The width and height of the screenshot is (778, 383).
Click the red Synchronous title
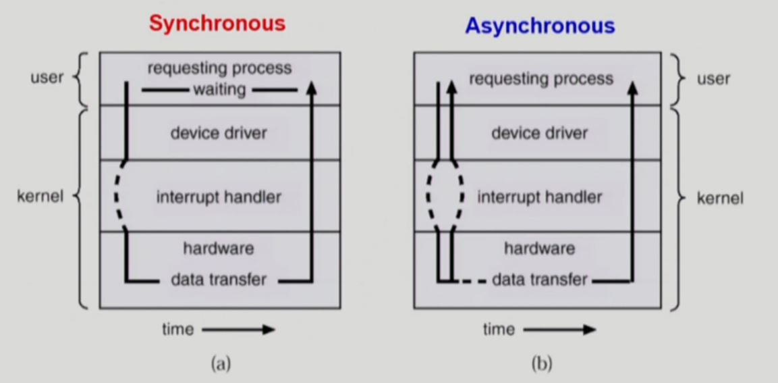(217, 23)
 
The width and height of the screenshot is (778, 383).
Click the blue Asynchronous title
(540, 26)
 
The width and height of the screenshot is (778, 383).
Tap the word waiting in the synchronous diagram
(219, 89)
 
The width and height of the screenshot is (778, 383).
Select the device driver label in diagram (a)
(219, 133)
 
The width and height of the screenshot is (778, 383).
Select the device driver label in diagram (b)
(539, 133)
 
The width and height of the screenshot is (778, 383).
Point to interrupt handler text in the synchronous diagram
(219, 197)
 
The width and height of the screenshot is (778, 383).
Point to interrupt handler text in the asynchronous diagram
(539, 197)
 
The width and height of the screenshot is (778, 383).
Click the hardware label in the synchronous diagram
(219, 248)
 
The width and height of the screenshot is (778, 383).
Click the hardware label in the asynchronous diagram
(539, 248)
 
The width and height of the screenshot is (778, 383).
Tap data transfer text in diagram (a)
(218, 279)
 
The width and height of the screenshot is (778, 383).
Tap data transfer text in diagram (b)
(539, 279)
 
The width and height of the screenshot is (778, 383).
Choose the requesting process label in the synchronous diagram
(219, 68)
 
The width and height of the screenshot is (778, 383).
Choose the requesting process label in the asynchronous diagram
(541, 79)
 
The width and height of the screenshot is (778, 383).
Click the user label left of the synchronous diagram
(47, 77)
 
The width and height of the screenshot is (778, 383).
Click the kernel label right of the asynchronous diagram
(721, 198)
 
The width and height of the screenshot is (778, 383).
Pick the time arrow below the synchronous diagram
(238, 330)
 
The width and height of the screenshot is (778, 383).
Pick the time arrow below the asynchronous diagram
(559, 330)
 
